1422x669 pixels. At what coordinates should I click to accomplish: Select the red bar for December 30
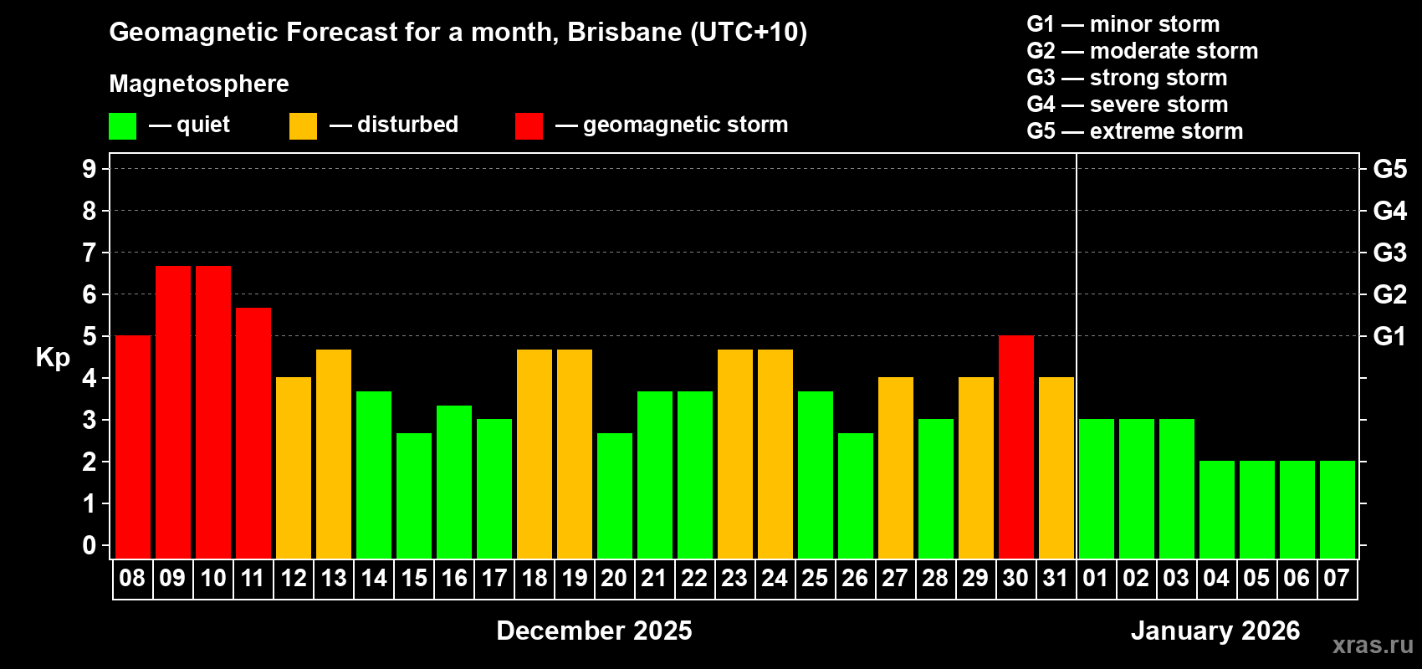tap(1016, 447)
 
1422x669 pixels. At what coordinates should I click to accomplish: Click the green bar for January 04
tap(1217, 509)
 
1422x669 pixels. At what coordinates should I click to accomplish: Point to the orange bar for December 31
tap(1056, 467)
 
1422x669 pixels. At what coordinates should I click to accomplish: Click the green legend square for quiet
tap(123, 126)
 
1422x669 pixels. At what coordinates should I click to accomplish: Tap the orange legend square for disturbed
tap(303, 126)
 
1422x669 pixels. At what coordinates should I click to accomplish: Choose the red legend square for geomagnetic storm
tap(529, 126)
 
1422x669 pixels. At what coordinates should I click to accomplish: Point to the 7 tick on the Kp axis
tap(90, 253)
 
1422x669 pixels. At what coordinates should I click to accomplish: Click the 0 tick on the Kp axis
tap(90, 545)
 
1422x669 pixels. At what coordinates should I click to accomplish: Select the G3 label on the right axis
tap(1389, 253)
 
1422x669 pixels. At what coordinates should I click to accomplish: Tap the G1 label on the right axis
tap(1389, 336)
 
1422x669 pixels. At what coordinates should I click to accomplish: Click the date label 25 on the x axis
tap(815, 579)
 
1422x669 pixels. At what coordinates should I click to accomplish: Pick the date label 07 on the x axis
tap(1337, 579)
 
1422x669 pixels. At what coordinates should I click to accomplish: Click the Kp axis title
tap(53, 358)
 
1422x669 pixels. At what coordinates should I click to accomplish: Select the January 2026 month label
tap(1215, 631)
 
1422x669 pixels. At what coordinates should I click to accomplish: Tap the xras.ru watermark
tap(1373, 645)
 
